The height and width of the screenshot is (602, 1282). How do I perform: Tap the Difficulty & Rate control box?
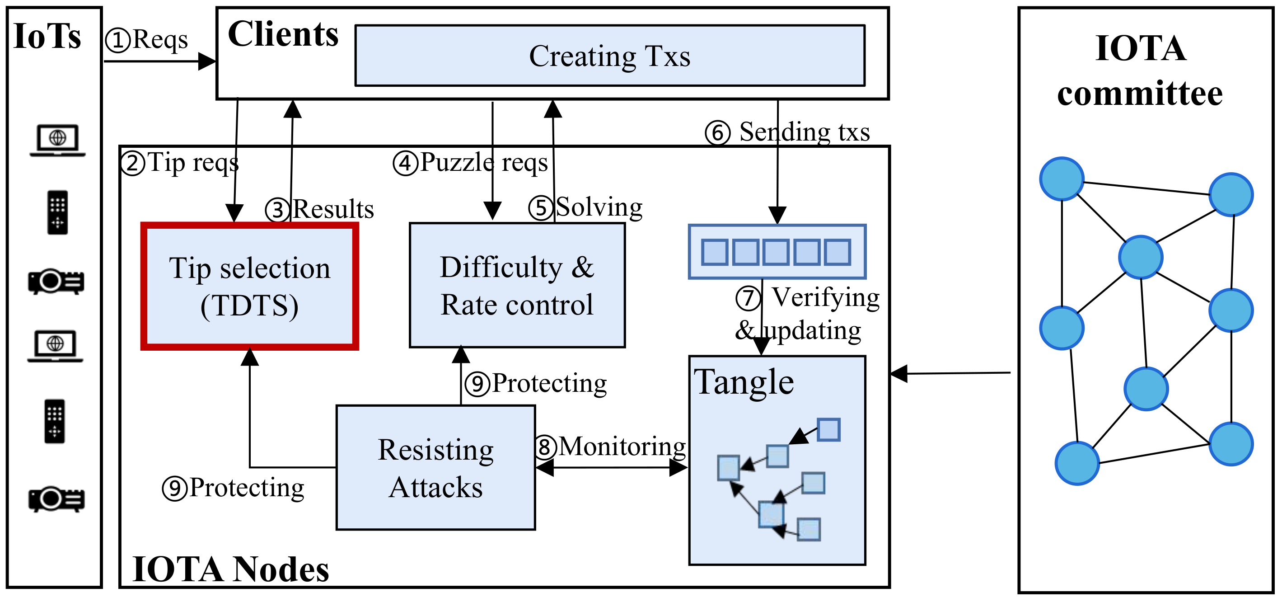[517, 285]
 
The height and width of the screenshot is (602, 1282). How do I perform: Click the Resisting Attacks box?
[435, 468]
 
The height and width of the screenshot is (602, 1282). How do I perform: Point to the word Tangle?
[744, 382]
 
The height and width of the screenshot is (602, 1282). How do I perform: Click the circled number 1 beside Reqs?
[118, 40]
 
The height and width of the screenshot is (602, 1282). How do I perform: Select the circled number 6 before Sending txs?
[718, 133]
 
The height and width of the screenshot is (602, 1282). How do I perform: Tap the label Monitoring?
[622, 446]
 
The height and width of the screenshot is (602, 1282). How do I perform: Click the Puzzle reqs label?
[483, 162]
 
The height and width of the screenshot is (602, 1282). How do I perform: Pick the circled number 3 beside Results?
[277, 210]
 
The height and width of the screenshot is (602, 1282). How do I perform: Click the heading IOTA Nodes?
[230, 569]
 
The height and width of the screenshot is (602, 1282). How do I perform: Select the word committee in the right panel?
[1140, 94]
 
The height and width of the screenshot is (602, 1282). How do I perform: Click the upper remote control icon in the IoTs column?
[58, 212]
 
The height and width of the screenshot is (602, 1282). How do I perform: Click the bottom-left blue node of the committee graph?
[1077, 463]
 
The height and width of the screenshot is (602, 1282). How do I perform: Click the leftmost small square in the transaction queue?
[714, 252]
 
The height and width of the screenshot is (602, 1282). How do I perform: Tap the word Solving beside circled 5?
[599, 207]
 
